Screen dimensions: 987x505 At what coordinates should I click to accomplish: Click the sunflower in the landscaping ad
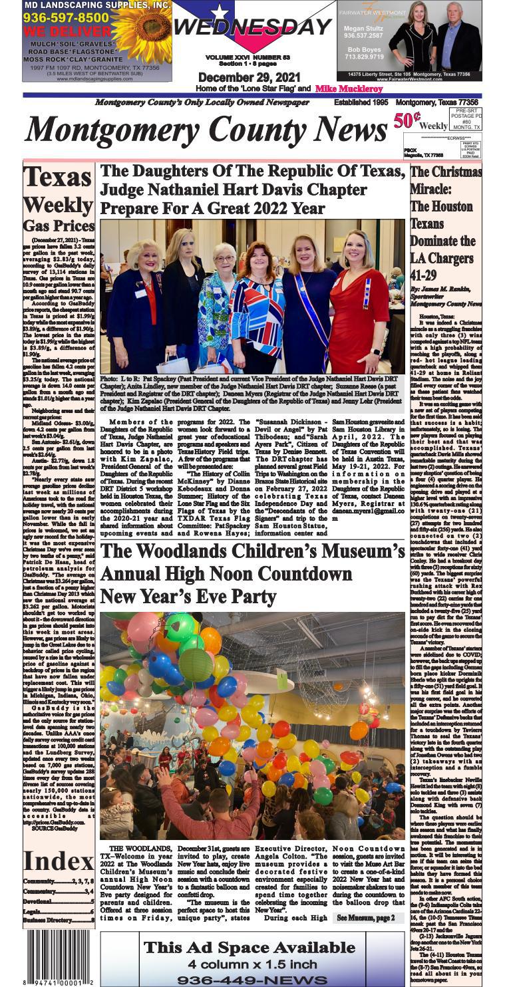[x=141, y=30]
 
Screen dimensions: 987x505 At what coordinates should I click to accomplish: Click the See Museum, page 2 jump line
[x=365, y=918]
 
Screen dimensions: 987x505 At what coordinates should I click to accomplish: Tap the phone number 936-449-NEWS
[x=252, y=980]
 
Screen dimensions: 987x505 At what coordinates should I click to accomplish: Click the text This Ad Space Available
[x=252, y=948]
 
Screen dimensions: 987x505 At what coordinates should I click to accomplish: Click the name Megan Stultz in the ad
[x=362, y=29]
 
